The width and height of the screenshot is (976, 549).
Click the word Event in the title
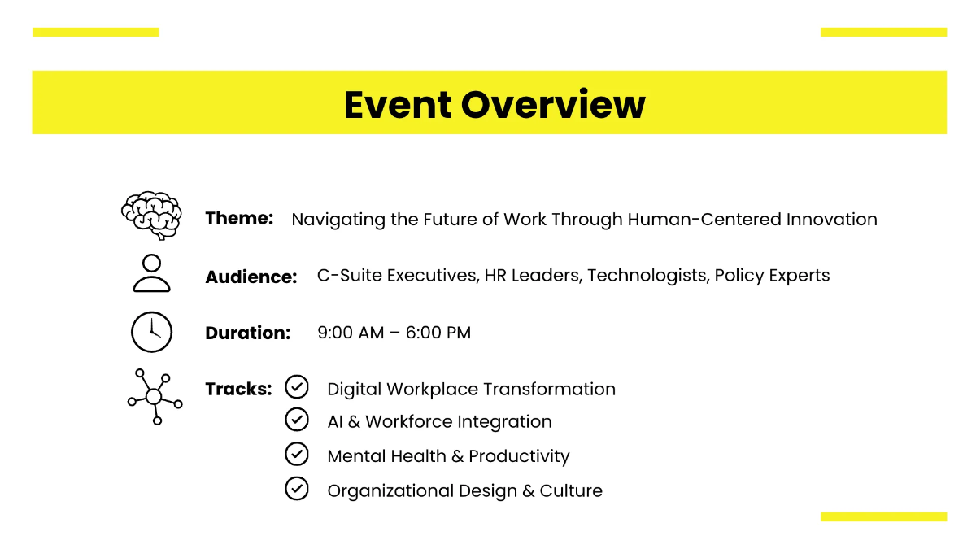[397, 104]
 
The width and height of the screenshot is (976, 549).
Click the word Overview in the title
[553, 104]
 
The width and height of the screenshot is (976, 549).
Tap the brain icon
[151, 216]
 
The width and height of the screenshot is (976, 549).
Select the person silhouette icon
[151, 273]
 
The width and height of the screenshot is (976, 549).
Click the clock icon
[151, 332]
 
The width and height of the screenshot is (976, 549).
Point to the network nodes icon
[155, 397]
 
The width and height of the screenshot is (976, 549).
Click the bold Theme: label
[239, 218]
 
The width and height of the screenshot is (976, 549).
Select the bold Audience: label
[251, 277]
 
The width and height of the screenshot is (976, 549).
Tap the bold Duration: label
[247, 333]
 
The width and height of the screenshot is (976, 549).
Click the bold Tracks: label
[238, 389]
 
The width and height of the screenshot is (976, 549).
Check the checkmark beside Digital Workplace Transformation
[297, 387]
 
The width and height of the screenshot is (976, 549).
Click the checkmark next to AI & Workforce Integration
[297, 420]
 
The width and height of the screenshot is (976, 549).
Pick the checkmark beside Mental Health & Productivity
[297, 454]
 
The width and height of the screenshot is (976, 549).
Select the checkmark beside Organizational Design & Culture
[297, 489]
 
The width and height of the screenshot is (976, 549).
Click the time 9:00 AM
[351, 333]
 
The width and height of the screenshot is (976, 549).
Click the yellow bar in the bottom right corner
[883, 516]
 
